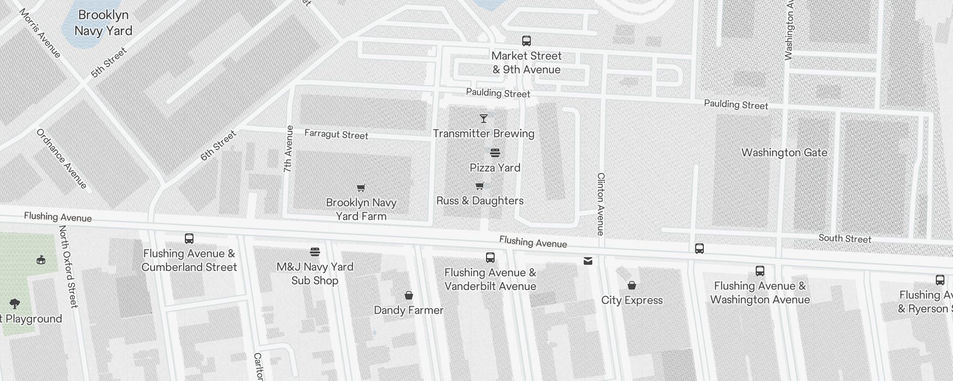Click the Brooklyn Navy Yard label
click(103, 23)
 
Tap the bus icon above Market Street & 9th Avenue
click(526, 41)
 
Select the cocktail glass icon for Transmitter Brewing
click(484, 119)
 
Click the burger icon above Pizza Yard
click(495, 153)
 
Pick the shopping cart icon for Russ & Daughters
click(480, 186)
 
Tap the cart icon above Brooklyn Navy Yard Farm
click(361, 188)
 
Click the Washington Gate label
click(784, 153)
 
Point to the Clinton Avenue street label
click(600, 204)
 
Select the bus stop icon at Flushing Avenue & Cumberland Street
click(189, 239)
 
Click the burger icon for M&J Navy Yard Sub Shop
click(315, 252)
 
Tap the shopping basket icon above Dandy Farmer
click(408, 295)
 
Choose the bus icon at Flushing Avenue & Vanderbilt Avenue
click(490, 258)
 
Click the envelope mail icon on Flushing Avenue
click(588, 261)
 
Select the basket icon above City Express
click(632, 285)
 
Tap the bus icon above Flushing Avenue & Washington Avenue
click(760, 271)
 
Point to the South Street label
click(844, 239)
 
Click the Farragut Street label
click(336, 135)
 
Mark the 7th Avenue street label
click(288, 149)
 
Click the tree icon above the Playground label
click(14, 304)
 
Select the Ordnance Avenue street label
click(61, 159)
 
